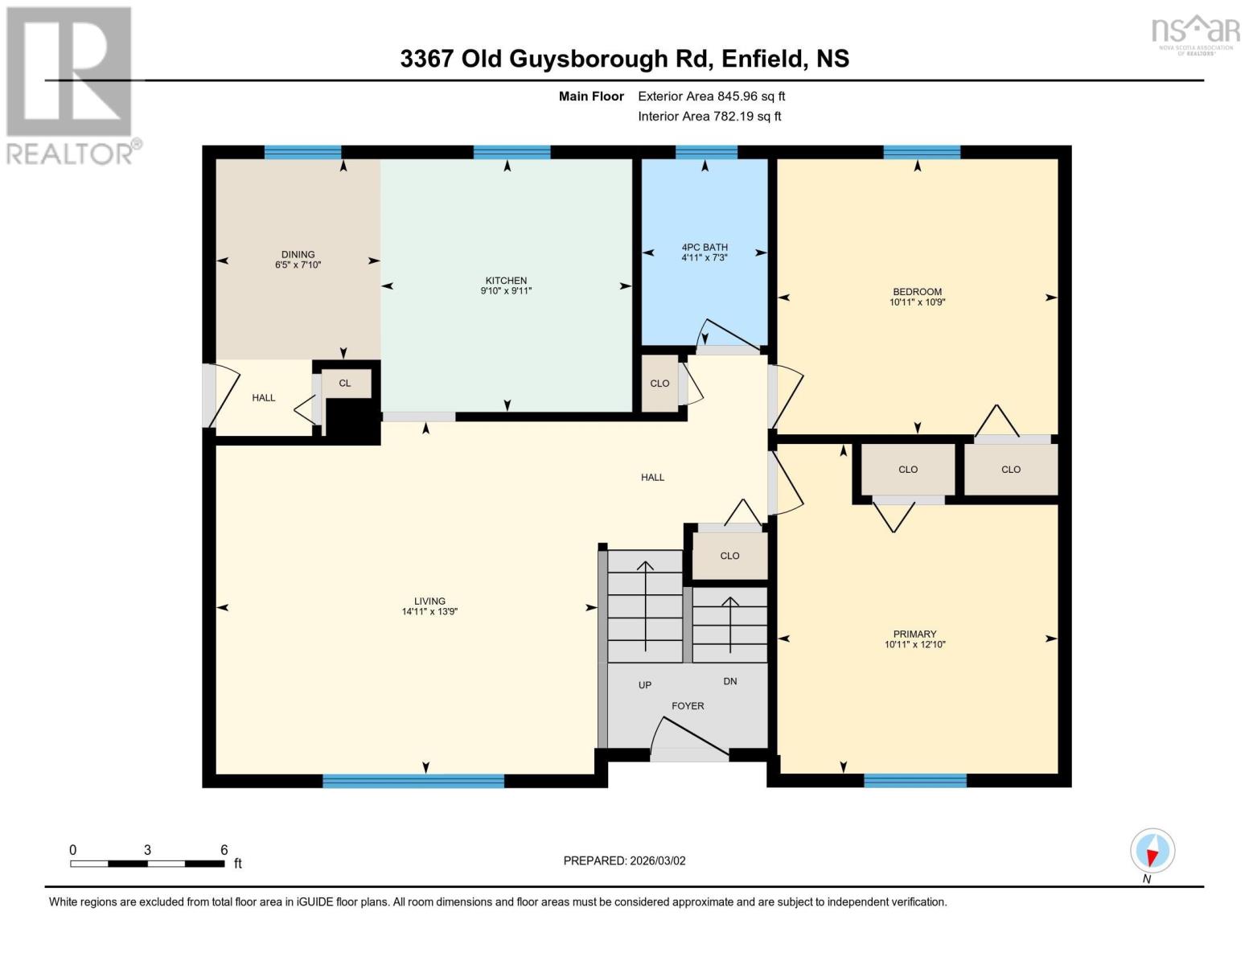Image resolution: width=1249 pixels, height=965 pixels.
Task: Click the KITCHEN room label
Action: (506, 281)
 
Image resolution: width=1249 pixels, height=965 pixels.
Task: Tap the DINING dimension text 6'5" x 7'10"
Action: (298, 265)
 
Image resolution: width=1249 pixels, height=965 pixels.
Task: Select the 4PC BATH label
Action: (704, 248)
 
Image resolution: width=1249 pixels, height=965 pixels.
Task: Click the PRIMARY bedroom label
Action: (914, 634)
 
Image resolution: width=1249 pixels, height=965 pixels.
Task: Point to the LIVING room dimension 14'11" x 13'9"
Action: (429, 612)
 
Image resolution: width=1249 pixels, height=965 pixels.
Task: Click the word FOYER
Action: (688, 706)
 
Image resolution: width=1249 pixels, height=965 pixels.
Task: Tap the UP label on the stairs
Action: (645, 685)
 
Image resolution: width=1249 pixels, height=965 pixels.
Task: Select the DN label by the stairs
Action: (730, 681)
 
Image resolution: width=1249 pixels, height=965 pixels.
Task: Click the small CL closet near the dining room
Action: (345, 384)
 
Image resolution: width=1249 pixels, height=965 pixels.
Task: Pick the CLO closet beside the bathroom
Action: (659, 384)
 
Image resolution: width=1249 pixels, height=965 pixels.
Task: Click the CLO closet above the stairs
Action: (729, 556)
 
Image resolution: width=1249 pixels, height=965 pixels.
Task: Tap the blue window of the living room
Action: (413, 780)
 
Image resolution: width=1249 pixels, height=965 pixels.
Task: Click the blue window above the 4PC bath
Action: (706, 153)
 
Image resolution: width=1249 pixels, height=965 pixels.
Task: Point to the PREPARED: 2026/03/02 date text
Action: (624, 860)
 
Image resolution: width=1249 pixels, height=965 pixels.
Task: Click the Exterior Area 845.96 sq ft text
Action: (711, 96)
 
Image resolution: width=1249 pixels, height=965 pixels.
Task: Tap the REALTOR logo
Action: (71, 84)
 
